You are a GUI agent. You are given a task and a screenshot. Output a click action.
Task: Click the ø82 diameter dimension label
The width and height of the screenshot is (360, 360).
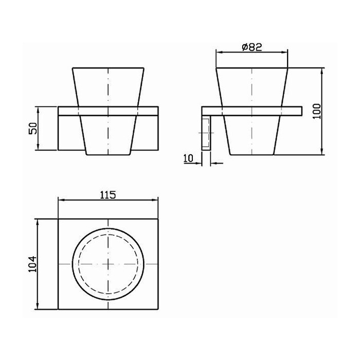point(252,47)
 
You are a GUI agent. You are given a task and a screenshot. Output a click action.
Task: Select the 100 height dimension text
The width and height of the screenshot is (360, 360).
point(317,111)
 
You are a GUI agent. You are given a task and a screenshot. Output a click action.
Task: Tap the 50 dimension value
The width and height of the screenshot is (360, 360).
point(33,129)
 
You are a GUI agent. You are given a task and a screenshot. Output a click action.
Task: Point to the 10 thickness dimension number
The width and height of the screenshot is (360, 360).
point(189,158)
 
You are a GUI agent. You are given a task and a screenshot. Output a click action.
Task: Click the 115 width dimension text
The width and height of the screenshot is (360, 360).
point(108,195)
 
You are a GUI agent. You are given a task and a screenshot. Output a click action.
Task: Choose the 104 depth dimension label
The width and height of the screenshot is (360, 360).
point(32,264)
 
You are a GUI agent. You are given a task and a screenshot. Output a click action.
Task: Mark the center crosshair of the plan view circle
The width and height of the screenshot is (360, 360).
point(108,264)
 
